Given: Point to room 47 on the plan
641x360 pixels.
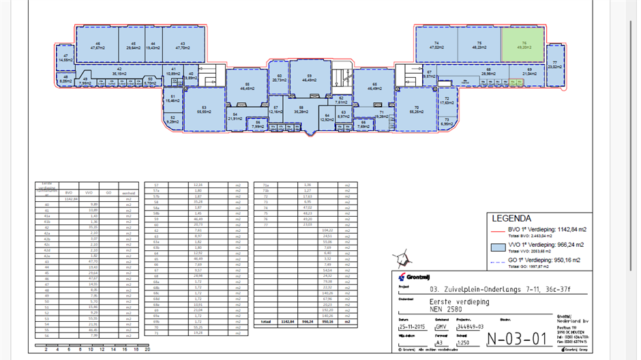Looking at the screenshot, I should click(x=65, y=58).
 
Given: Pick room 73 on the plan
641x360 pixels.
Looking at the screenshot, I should click(x=446, y=122).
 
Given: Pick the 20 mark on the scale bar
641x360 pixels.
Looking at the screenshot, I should click(x=147, y=348).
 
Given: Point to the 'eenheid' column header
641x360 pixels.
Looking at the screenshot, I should click(x=127, y=193).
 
